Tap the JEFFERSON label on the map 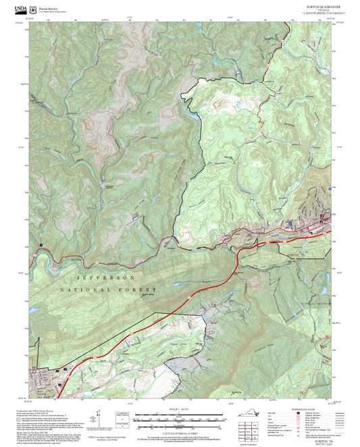106,278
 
